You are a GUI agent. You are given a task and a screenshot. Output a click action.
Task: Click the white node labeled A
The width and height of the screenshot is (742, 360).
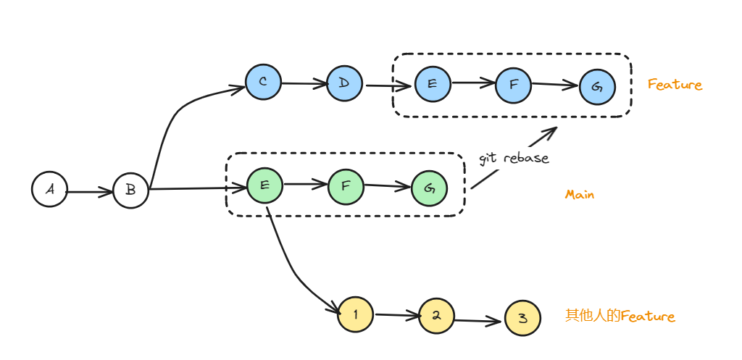(49, 189)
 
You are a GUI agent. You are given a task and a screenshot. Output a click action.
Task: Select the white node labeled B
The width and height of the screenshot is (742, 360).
(130, 190)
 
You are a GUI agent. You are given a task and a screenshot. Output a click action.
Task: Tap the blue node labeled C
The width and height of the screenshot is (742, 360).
(263, 83)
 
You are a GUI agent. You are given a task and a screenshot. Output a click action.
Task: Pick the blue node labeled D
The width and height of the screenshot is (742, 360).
(344, 83)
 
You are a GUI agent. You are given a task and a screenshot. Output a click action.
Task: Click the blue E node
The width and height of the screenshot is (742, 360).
(433, 84)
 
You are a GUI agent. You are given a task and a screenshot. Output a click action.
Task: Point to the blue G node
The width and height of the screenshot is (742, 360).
(597, 87)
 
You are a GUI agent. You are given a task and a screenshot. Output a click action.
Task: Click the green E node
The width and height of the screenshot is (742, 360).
(264, 185)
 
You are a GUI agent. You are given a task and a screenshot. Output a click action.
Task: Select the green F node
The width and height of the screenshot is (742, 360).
(346, 185)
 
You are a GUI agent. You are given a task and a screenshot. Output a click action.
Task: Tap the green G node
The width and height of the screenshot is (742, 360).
(429, 189)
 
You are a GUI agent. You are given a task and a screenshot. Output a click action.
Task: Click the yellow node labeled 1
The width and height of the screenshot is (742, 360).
(356, 314)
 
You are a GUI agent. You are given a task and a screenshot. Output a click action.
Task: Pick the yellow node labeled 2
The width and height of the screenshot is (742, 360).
(436, 317)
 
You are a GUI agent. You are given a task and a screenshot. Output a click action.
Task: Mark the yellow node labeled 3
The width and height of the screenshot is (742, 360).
(522, 319)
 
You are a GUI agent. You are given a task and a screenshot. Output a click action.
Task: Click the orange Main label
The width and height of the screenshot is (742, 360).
(579, 195)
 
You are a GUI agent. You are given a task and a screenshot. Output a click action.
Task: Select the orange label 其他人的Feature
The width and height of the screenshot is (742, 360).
(620, 317)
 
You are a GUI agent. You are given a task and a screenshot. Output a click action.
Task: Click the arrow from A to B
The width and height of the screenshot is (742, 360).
(90, 192)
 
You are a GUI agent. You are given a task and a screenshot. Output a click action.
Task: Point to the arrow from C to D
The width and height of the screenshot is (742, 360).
(304, 83)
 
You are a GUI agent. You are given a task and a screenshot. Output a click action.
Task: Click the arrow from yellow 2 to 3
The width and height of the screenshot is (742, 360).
(479, 319)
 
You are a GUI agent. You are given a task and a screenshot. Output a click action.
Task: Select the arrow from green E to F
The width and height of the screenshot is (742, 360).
(305, 185)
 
